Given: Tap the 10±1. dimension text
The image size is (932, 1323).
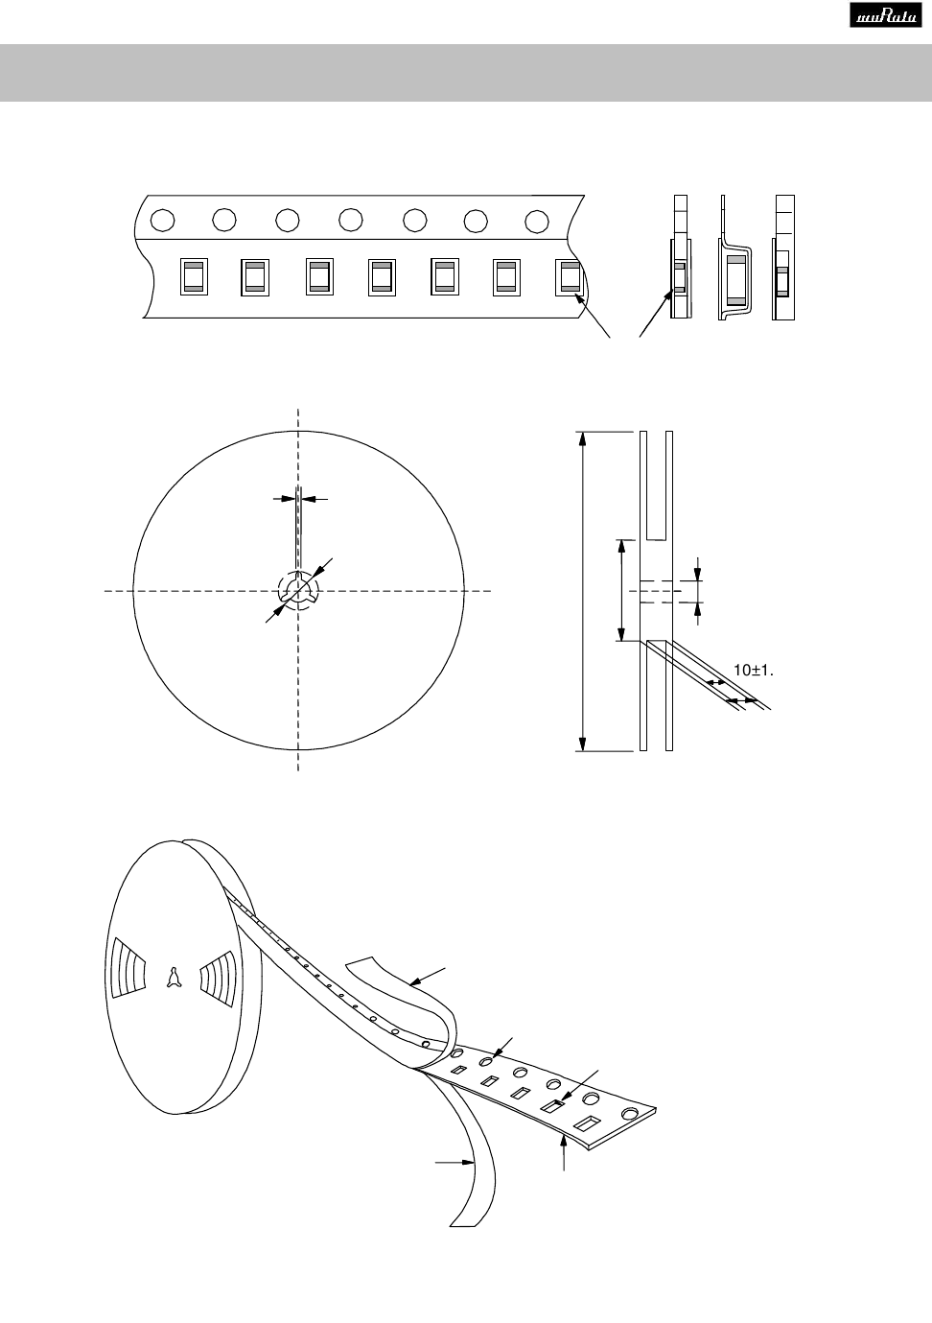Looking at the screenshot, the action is pos(754,671).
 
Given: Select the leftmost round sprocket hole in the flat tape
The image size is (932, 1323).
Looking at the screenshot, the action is pos(162,221).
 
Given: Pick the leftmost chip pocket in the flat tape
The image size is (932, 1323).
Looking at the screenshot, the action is pos(195,277).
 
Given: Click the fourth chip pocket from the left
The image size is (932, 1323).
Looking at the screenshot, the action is pos(382,277).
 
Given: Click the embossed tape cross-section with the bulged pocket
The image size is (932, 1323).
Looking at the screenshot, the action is pos(734,257).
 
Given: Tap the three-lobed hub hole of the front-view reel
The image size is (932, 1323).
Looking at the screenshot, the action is pos(298,589).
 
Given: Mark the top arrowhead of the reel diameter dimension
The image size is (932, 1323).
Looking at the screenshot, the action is pos(583,438).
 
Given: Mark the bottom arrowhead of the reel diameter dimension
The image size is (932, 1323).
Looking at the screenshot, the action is pos(583,744).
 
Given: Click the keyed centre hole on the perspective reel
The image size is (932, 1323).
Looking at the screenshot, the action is pos(173,978).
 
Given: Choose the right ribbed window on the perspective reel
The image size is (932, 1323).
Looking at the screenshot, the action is pos(218,979).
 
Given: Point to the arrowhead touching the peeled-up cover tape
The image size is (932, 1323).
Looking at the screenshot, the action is pos(415,982).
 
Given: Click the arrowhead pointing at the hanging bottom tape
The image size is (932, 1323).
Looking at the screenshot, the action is pos(469,1162).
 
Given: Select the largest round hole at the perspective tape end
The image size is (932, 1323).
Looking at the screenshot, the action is pos(630,1113).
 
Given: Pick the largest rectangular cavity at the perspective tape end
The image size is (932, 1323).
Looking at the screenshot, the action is pos(588,1123).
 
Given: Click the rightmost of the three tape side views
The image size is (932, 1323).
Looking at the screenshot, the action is pos(783,257).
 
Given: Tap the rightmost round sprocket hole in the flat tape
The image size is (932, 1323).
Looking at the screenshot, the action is pos(537,221).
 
